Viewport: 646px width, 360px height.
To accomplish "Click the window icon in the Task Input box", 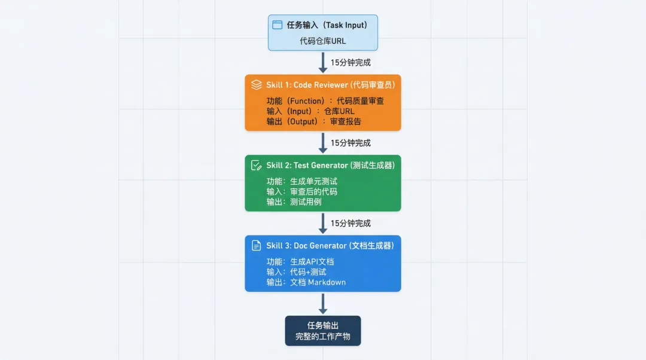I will point(277,25).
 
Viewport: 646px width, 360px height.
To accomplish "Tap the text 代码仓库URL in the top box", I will point(323,41).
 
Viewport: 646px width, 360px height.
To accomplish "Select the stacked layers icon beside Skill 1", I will point(257,85).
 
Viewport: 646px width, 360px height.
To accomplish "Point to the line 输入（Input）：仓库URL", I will point(310,111).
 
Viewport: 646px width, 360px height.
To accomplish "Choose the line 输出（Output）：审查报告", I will point(314,121).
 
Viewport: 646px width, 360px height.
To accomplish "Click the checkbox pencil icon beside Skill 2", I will point(257,165).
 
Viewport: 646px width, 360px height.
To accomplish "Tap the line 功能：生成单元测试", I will point(302,181).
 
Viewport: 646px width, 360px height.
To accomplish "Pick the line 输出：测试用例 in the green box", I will point(294,202).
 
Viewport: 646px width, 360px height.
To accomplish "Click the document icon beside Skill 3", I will point(257,245).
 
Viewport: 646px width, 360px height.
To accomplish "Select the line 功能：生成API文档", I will point(300,261).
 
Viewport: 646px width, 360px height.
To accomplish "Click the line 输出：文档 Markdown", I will point(306,282).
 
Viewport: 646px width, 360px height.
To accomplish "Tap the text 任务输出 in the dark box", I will point(323,325).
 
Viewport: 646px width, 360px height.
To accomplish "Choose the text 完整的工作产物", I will point(323,337).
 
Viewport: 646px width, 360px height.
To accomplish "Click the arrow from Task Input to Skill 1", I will point(323,62).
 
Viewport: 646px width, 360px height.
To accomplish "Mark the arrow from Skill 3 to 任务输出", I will point(323,303).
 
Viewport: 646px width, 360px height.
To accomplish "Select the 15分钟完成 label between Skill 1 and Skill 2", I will point(351,143).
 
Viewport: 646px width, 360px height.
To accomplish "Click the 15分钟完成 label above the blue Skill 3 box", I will point(351,223).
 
